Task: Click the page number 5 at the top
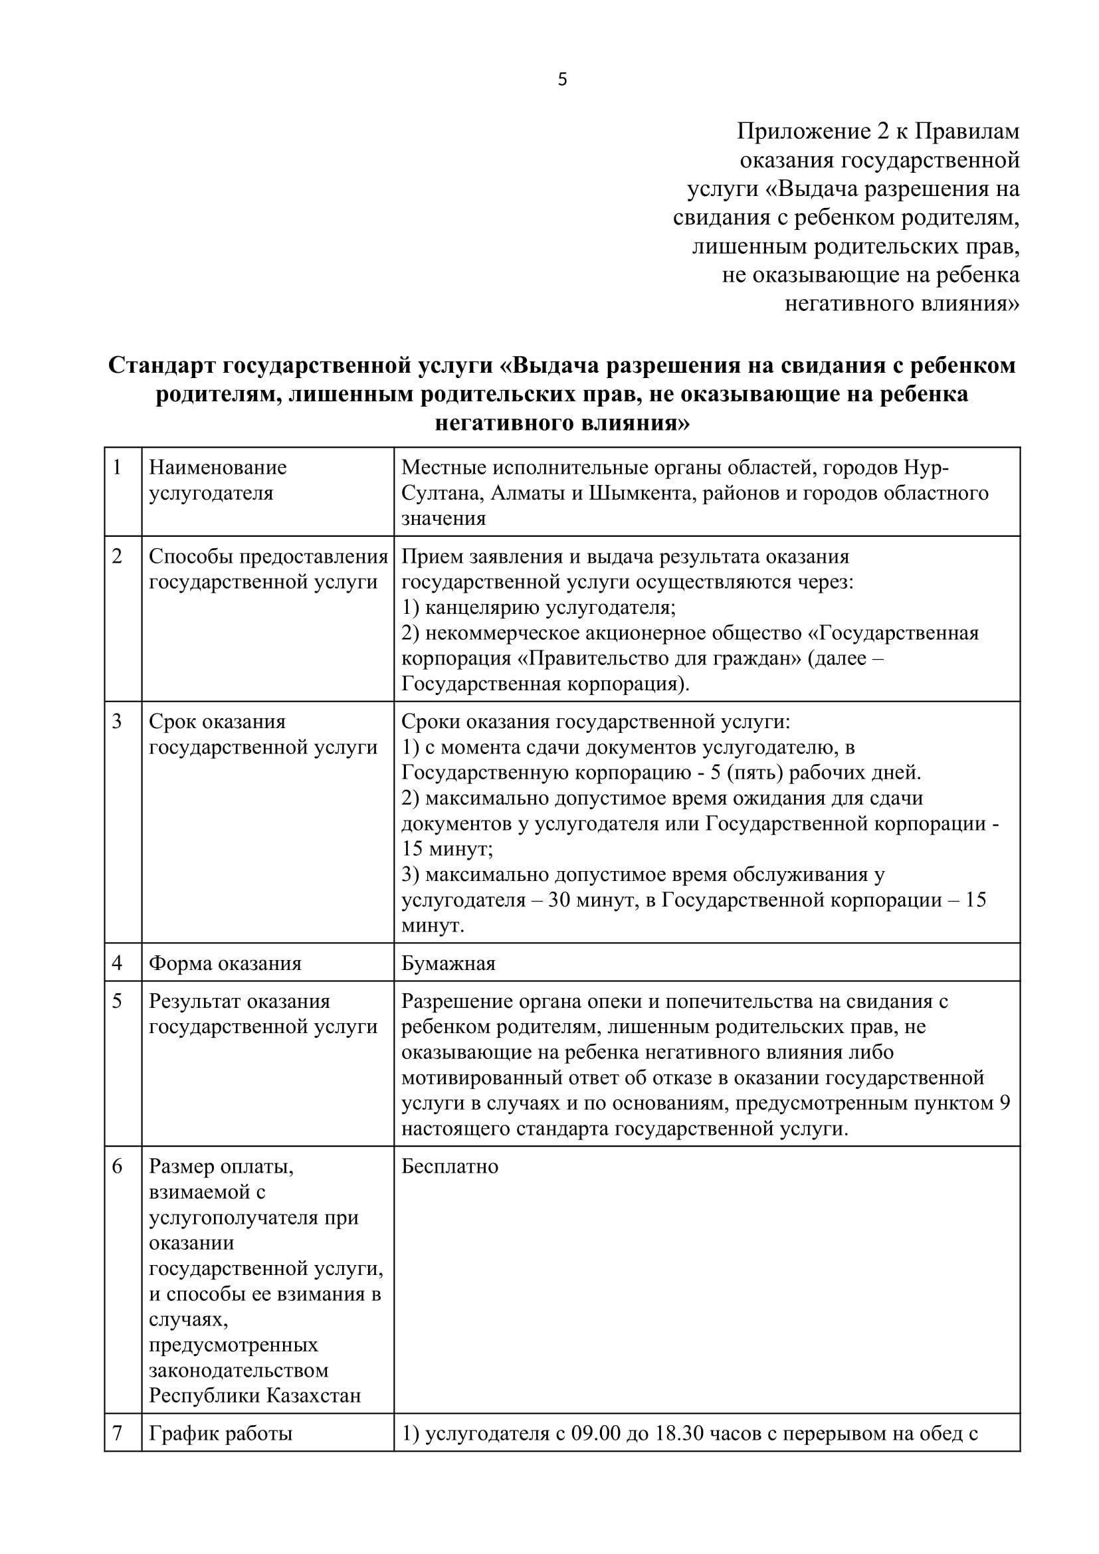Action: point(562,80)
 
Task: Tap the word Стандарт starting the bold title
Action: point(161,365)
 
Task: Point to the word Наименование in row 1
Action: point(218,468)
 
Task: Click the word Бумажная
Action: point(449,963)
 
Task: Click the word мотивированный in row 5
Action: point(478,1078)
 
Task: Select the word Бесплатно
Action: point(450,1166)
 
